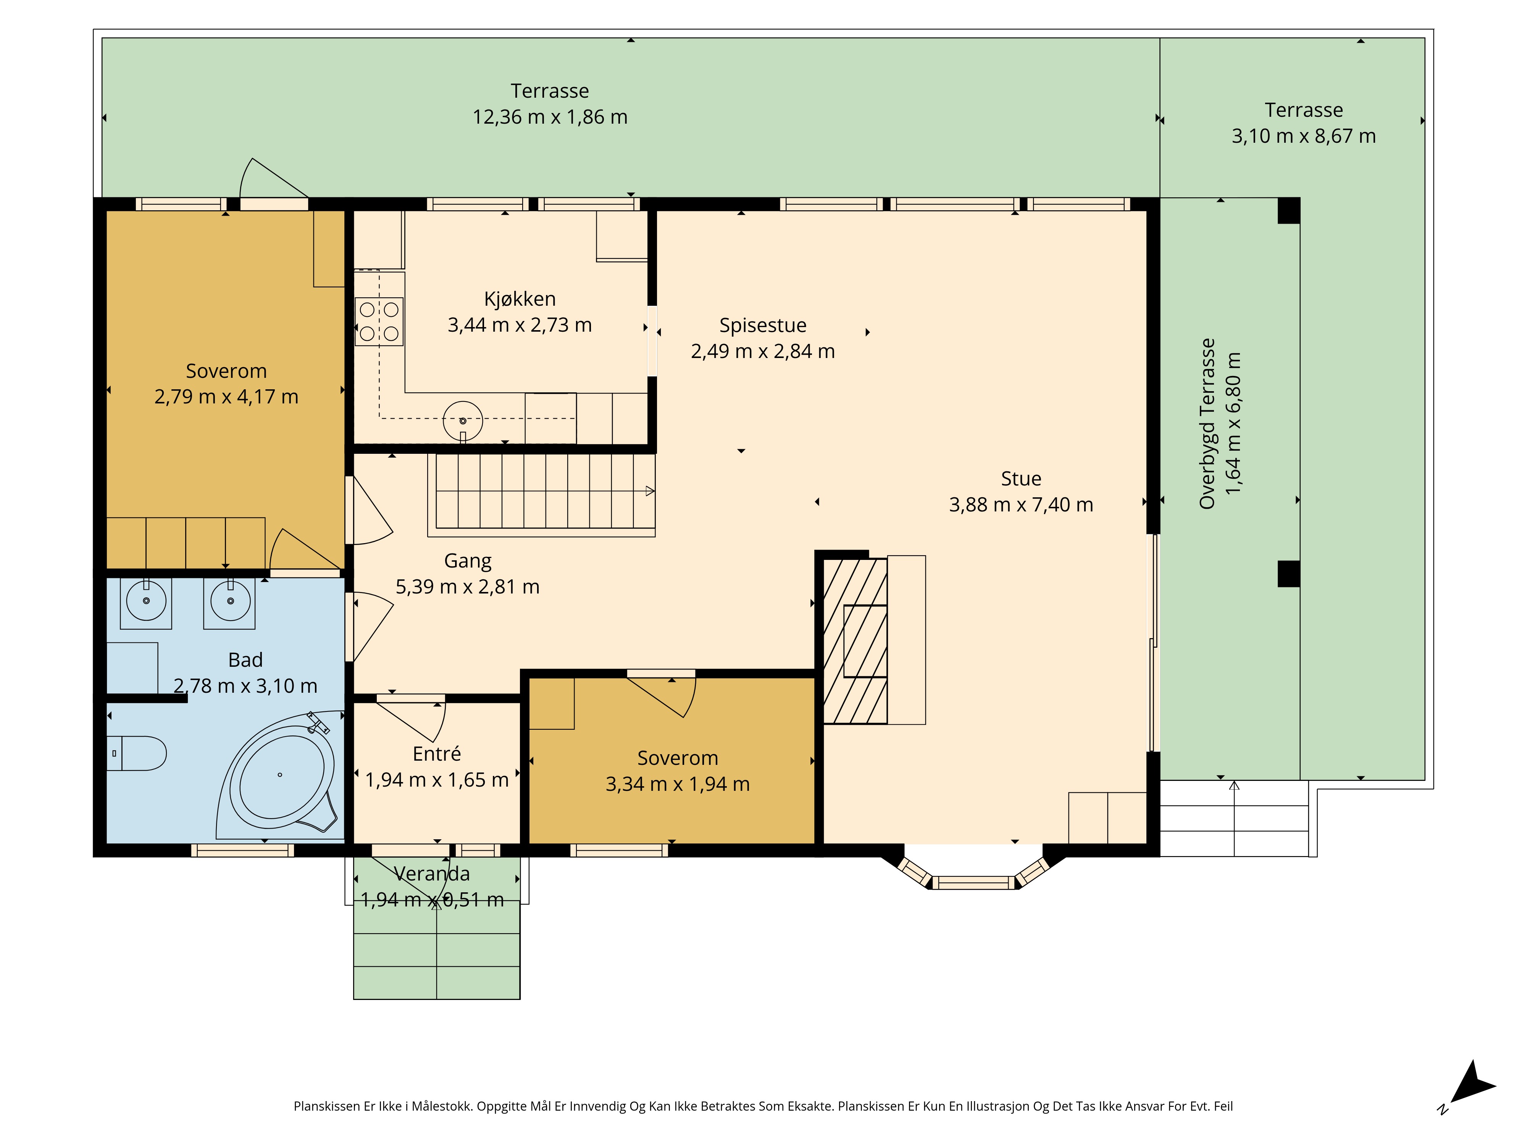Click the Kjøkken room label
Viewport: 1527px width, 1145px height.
(520, 299)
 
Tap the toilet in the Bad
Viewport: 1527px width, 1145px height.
(137, 753)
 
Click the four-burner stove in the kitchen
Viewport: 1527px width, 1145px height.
(379, 322)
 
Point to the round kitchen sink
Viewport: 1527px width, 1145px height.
(463, 420)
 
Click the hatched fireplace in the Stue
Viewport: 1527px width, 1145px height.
(856, 641)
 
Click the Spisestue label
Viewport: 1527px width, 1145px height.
(763, 325)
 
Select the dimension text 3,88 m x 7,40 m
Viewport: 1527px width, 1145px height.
(1021, 505)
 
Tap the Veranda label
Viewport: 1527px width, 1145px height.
(432, 874)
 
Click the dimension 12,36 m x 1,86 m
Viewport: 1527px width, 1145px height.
(550, 117)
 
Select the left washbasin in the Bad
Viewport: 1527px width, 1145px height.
(146, 602)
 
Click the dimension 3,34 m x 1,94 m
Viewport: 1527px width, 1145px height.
(678, 784)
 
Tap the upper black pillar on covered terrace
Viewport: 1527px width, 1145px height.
(1289, 211)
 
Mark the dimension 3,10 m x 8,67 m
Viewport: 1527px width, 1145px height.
(1304, 136)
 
